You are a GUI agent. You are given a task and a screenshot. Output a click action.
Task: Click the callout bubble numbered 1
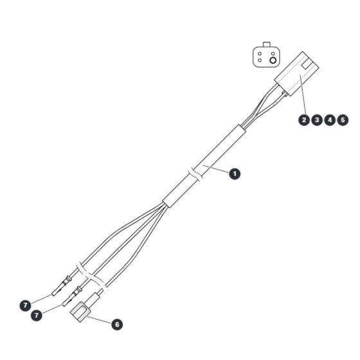click(x=235, y=174)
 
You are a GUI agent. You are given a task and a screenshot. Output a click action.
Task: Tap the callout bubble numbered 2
click(x=304, y=120)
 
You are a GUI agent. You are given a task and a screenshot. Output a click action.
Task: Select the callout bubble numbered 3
click(x=317, y=120)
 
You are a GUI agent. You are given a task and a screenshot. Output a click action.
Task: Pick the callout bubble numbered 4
click(x=330, y=120)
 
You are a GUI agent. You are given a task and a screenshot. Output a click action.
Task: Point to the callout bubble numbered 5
click(x=343, y=120)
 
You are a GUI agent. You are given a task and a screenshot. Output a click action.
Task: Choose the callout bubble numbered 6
click(x=117, y=325)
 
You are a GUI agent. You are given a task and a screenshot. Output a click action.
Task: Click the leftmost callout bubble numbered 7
click(x=25, y=305)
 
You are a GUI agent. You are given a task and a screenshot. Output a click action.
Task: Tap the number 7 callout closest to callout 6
click(x=37, y=315)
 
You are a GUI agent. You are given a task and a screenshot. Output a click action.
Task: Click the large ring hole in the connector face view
click(x=273, y=60)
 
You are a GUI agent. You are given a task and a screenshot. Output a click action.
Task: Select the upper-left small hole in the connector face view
click(x=260, y=54)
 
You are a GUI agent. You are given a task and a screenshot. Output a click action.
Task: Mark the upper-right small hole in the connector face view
click(x=273, y=54)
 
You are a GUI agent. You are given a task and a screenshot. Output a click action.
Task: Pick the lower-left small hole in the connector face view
click(x=260, y=60)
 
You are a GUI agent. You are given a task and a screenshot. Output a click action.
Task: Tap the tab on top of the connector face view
click(x=267, y=44)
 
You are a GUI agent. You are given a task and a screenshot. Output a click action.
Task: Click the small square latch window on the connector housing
click(x=306, y=65)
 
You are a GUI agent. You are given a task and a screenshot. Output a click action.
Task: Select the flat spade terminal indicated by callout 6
click(x=80, y=312)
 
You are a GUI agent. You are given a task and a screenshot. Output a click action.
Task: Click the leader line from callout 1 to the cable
click(x=216, y=168)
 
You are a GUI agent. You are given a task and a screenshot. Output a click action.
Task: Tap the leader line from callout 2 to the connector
click(x=303, y=94)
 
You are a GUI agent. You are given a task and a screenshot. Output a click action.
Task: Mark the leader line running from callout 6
click(x=99, y=319)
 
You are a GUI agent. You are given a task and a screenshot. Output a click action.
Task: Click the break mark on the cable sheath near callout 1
click(x=195, y=175)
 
